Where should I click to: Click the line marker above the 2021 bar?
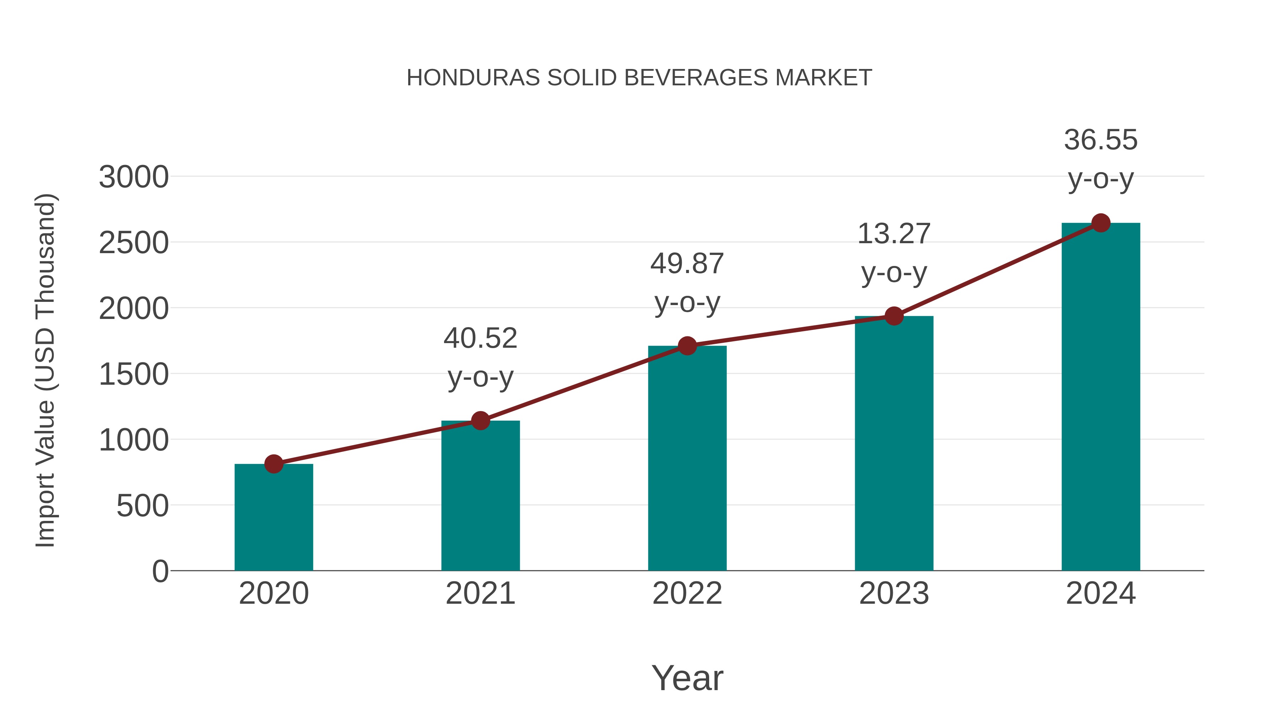coord(480,421)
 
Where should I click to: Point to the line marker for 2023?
coord(894,316)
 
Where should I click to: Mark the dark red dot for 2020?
coord(274,464)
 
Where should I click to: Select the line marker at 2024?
coord(1101,223)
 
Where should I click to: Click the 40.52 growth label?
coord(480,338)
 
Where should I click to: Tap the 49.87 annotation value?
coord(687,263)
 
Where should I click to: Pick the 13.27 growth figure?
coord(894,234)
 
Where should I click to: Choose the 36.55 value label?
coord(1101,140)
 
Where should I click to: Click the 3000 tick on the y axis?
coord(134,177)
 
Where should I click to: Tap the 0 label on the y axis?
coord(160,571)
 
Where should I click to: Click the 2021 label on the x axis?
coord(480,593)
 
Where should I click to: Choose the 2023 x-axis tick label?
coord(894,593)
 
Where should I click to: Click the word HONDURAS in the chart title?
coord(473,78)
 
